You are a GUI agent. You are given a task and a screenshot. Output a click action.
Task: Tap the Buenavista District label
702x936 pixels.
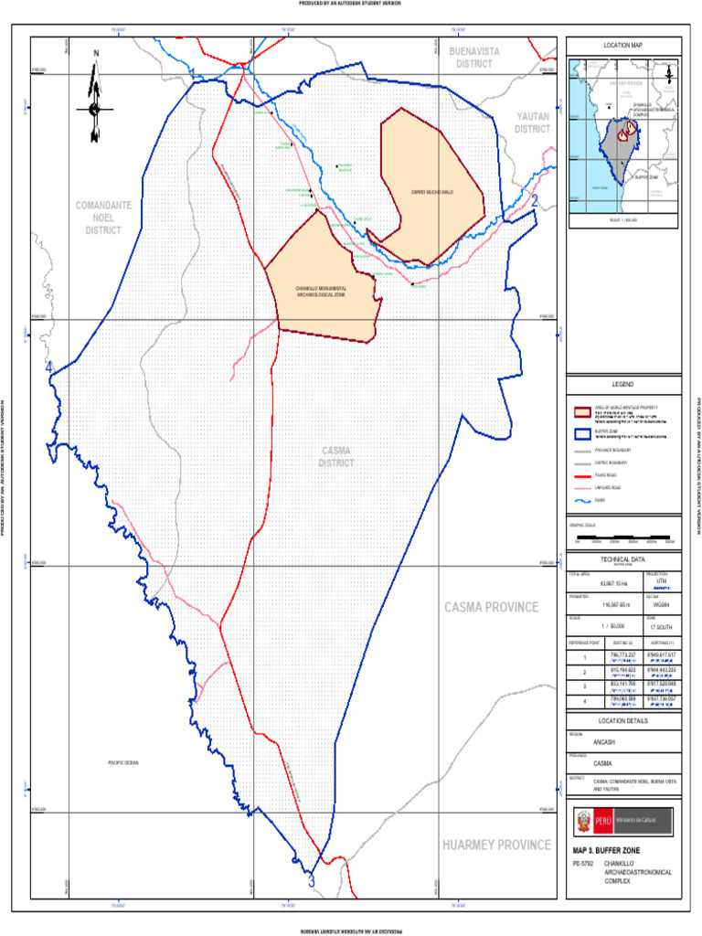[x=474, y=58]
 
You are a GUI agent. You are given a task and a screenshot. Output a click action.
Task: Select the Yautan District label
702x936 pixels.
[x=532, y=122]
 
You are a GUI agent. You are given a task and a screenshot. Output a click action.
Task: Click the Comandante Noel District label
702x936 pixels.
[x=102, y=218]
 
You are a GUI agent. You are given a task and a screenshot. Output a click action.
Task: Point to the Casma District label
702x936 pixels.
[x=336, y=457]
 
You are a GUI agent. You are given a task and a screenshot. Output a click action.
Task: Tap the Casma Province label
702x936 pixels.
[x=491, y=608]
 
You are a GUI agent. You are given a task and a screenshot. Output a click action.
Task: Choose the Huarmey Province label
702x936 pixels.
[x=496, y=845]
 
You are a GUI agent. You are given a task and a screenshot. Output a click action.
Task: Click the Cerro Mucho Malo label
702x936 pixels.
[x=432, y=192]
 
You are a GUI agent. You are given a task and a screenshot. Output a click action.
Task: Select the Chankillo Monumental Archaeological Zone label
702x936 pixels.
[x=320, y=292]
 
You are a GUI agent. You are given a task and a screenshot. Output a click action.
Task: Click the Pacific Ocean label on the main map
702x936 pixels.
[x=122, y=762]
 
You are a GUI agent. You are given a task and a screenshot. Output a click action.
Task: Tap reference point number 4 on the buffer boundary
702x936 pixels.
[x=49, y=367]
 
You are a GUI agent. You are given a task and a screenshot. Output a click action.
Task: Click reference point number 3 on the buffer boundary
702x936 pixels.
[x=312, y=882]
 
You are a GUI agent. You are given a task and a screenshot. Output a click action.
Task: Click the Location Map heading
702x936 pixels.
[x=623, y=46]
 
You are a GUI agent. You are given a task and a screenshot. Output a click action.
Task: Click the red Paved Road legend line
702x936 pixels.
[x=580, y=475]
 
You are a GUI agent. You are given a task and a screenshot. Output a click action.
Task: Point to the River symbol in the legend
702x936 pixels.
[x=580, y=501]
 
